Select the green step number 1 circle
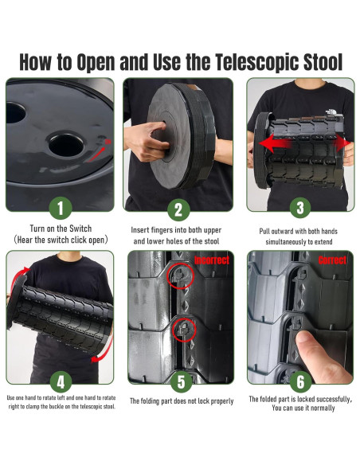point(61,208)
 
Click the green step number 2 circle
point(178,210)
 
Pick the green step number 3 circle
point(300,208)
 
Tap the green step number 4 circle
point(61,382)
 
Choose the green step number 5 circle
point(181,381)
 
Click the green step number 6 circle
point(300,381)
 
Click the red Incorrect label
point(212,260)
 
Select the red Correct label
point(332,260)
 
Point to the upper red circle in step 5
point(181,276)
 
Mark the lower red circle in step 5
point(184,330)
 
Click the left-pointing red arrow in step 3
point(276,143)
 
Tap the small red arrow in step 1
point(96,154)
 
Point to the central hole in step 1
point(66,145)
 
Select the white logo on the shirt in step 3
point(331,111)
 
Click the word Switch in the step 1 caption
point(80,229)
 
